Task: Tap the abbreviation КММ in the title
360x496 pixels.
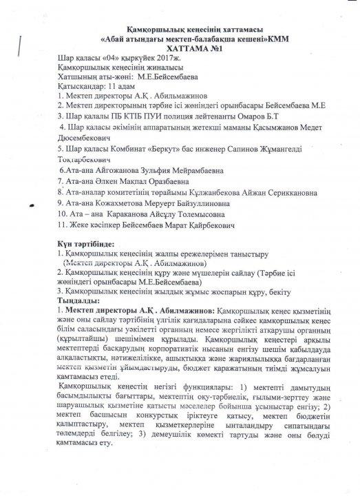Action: (x=273, y=39)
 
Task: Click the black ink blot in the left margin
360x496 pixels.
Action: (x=33, y=205)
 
